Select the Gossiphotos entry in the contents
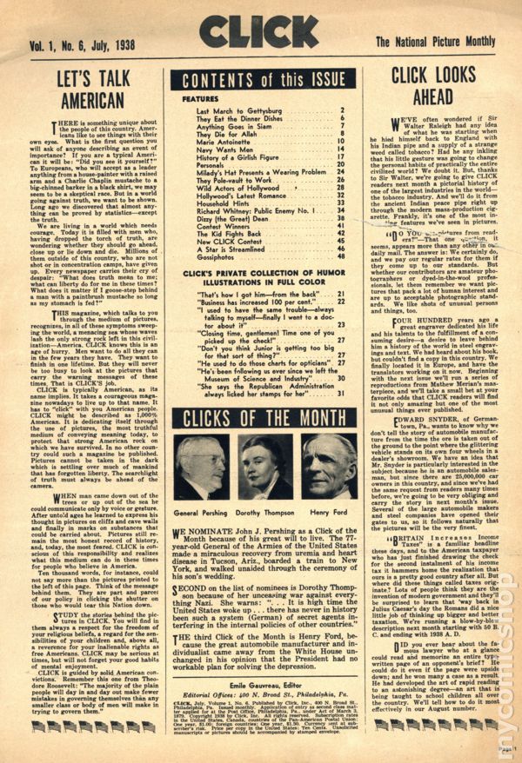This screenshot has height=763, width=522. tap(216, 258)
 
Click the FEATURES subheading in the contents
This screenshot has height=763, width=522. tap(200, 100)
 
